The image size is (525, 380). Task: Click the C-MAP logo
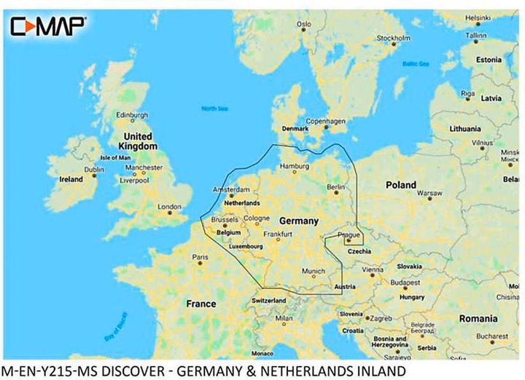47,26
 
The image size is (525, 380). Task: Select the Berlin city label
335,188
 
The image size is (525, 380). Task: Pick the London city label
169,206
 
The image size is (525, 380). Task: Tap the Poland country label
400,185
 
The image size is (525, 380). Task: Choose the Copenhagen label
325,122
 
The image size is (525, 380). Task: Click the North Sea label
214,108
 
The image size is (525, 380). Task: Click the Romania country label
478,318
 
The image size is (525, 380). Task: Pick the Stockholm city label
393,38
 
